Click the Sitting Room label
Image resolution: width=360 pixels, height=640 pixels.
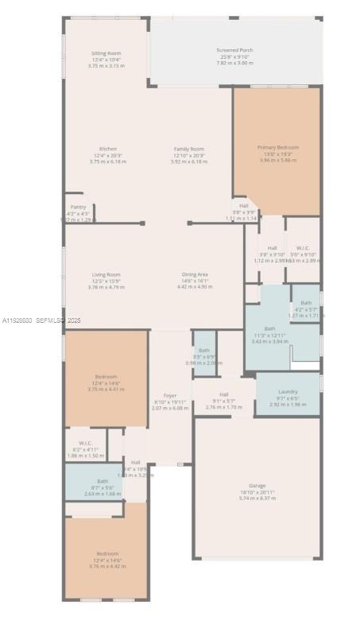tap(106, 54)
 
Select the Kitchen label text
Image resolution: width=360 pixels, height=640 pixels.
tap(108, 149)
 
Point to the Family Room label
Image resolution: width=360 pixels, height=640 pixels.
tap(189, 149)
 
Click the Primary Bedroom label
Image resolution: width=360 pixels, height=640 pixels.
tap(277, 147)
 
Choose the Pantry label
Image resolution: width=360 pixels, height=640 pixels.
tap(78, 207)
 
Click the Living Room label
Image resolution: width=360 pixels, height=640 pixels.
tap(106, 274)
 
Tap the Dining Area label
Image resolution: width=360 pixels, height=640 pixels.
tap(195, 274)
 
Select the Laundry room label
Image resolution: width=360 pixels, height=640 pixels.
tap(287, 392)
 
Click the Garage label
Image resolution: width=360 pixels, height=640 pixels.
tap(257, 486)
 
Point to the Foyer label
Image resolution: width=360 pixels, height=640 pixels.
tap(170, 396)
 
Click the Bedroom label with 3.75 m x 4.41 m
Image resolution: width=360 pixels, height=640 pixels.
tap(106, 377)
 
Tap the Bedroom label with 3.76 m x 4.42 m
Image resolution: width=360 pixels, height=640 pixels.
tap(106, 553)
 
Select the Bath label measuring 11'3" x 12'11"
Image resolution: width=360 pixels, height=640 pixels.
tap(269, 328)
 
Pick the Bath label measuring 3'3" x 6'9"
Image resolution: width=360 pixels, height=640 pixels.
tap(204, 351)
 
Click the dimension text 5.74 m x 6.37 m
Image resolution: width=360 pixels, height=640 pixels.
tap(257, 498)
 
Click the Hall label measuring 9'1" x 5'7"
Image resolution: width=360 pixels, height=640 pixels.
tap(223, 394)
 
